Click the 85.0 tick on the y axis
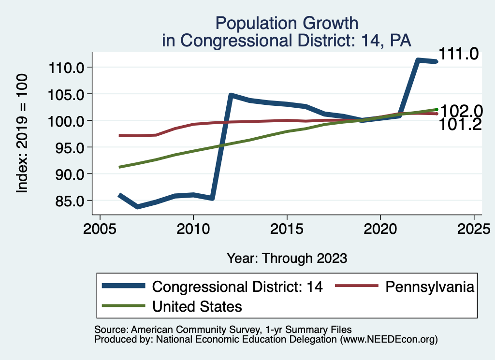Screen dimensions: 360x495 69,200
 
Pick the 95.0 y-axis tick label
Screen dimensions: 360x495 69,147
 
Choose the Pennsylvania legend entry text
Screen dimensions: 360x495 429,287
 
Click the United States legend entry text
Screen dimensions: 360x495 197,306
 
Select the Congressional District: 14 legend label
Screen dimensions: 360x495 237,287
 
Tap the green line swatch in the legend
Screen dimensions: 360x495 123,306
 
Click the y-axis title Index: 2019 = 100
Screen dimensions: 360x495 23,133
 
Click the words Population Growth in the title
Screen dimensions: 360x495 287,23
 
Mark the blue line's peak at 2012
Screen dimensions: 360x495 231,95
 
